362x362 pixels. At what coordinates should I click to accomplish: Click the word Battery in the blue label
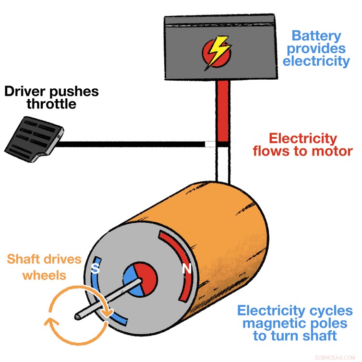[x=317, y=36]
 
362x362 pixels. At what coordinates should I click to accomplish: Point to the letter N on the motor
[x=186, y=270]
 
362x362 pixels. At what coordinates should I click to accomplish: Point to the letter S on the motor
[x=96, y=269]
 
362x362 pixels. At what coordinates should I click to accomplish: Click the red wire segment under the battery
[x=223, y=110]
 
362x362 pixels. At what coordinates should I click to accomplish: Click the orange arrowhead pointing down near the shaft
[x=108, y=314]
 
